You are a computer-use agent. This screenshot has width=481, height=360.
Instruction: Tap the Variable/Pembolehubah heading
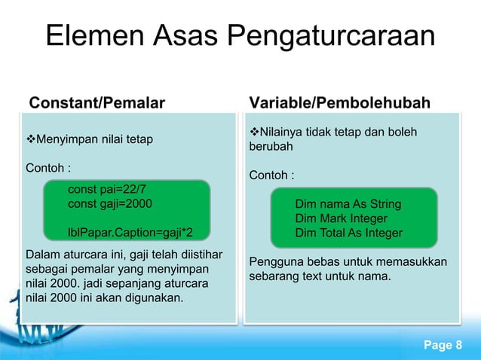[339, 102]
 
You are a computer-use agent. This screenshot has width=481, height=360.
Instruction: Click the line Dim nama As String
[348, 204]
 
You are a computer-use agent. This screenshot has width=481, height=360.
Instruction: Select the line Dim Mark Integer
[341, 218]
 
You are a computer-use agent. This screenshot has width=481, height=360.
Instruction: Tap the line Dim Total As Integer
[348, 233]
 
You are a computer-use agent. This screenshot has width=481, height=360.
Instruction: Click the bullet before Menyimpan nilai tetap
[31, 140]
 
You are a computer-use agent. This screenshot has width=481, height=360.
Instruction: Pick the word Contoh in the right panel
[269, 175]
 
